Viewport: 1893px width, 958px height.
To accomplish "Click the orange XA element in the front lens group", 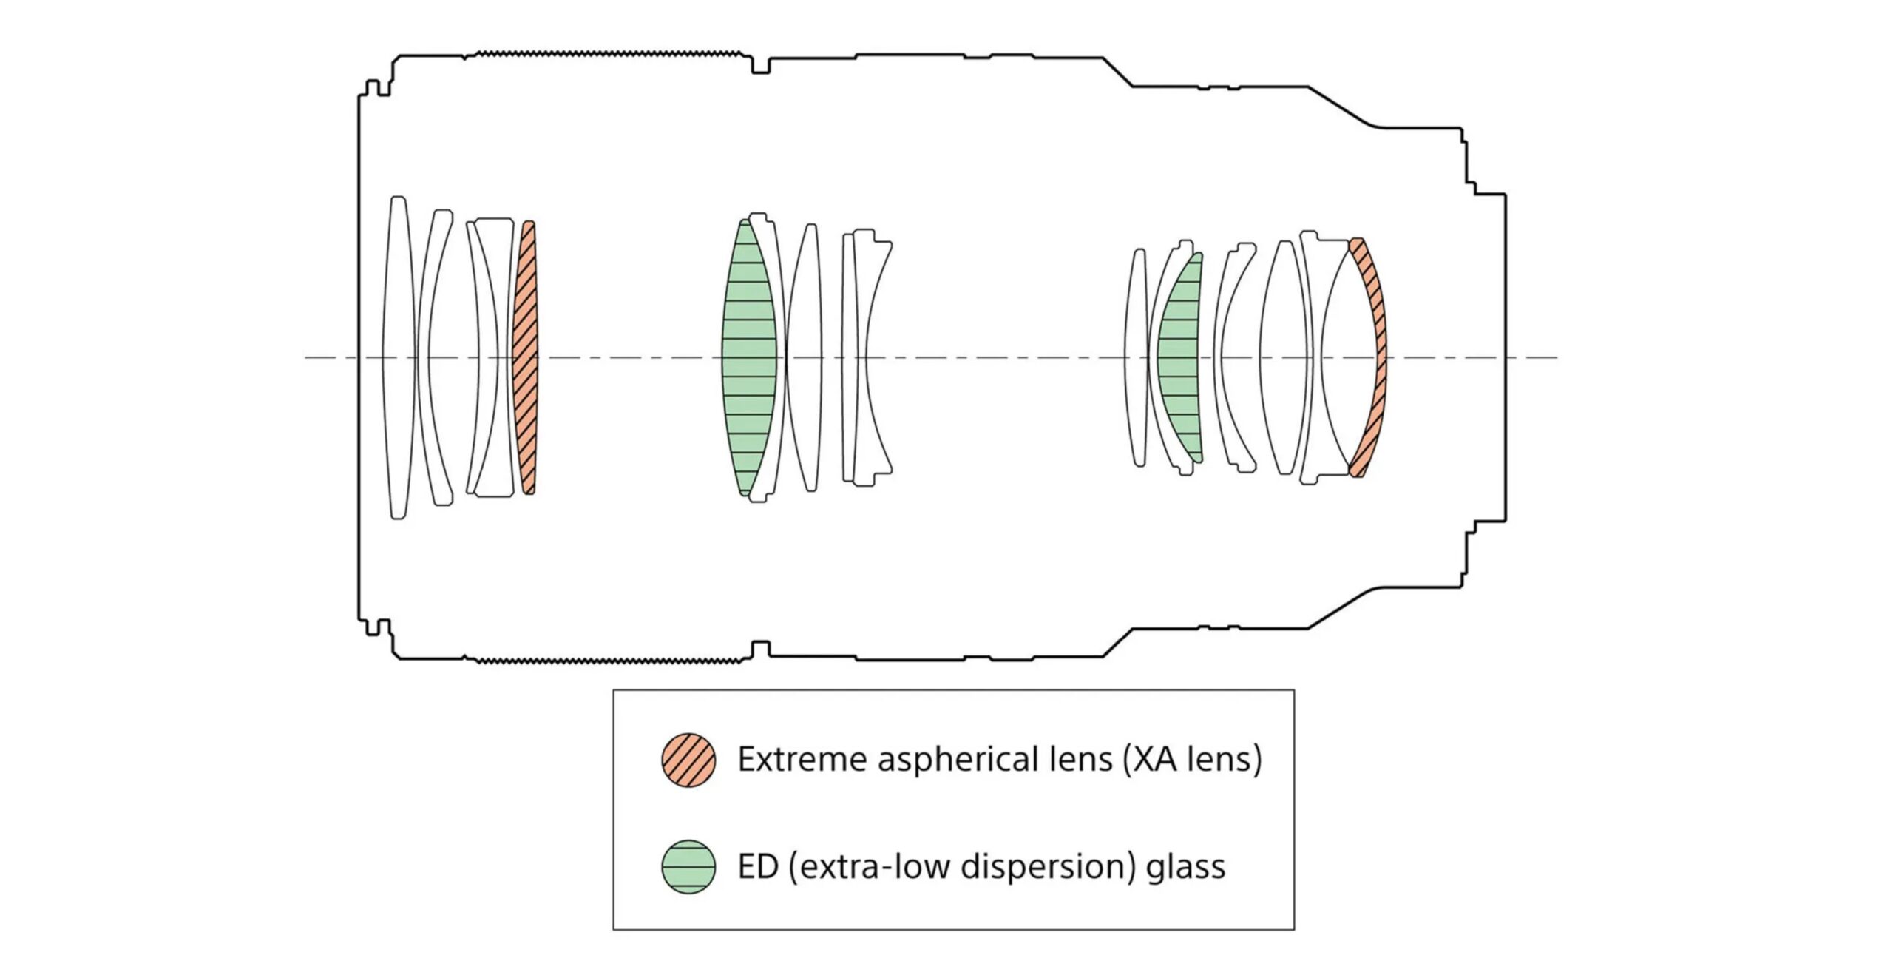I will pyautogui.click(x=526, y=357).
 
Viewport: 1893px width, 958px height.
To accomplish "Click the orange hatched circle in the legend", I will pyautogui.click(x=688, y=760).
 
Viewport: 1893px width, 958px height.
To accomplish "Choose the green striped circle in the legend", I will pyautogui.click(x=688, y=867).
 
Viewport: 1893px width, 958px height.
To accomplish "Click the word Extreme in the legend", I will pyautogui.click(x=802, y=760).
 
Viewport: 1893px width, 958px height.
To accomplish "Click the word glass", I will pyautogui.click(x=1185, y=867).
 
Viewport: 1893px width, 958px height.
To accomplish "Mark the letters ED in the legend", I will pyautogui.click(x=758, y=866).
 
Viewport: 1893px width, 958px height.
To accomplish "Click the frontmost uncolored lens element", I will pyautogui.click(x=398, y=357).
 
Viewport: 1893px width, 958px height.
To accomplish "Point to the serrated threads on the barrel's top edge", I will pyautogui.click(x=606, y=54).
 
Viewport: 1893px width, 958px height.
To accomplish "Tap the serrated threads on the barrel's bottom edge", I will pyautogui.click(x=606, y=659).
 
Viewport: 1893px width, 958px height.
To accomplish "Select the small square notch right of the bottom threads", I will pyautogui.click(x=759, y=648).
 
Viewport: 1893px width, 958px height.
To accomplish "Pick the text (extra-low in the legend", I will pyautogui.click(x=868, y=867).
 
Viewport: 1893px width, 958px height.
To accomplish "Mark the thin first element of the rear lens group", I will pyautogui.click(x=1139, y=357).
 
